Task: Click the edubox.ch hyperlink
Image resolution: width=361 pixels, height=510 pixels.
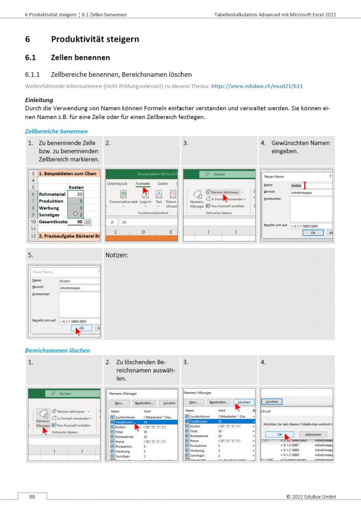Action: [257, 86]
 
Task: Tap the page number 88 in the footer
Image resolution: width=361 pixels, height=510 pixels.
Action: [32, 497]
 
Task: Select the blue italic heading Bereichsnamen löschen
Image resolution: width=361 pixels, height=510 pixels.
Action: [57, 350]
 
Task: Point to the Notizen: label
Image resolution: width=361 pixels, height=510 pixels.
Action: [117, 255]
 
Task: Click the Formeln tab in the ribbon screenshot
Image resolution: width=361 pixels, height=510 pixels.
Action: [143, 184]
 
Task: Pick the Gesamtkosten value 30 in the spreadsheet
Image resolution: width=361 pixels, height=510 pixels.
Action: [79, 222]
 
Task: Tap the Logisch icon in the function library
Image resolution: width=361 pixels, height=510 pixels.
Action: [145, 196]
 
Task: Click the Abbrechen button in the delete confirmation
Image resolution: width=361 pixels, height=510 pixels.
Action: [313, 434]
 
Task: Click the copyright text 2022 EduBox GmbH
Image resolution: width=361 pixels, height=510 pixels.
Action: [311, 497]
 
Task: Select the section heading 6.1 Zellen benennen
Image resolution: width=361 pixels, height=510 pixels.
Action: [67, 57]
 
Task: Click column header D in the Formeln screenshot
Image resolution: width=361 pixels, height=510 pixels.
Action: [143, 232]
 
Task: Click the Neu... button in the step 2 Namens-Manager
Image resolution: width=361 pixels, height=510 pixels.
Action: [119, 402]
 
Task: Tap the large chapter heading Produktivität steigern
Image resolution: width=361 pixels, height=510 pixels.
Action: [95, 39]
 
